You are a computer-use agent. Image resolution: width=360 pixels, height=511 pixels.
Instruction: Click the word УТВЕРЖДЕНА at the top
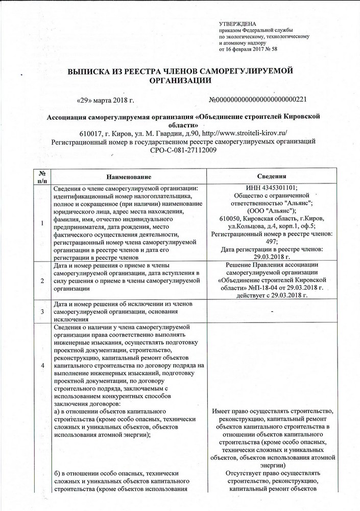(238, 25)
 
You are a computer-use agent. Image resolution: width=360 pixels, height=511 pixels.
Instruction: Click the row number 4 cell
(42, 366)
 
